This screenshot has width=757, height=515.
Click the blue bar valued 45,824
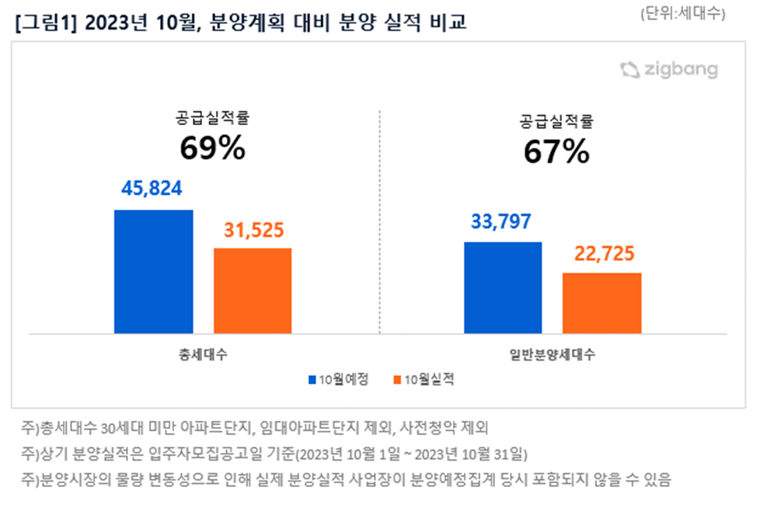click(153, 271)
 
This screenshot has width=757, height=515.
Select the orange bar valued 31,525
click(253, 291)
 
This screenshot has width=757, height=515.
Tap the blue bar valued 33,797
click(503, 287)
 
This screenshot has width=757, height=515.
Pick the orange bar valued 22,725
click(602, 303)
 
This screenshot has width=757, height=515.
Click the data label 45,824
click(153, 189)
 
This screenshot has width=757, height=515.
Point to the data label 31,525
click(253, 230)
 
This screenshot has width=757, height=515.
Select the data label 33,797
click(501, 222)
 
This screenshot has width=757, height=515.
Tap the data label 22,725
click(602, 254)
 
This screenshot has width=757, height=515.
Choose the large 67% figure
click(556, 152)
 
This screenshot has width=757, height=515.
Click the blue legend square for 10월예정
click(312, 380)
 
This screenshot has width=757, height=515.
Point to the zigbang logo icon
click(630, 70)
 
